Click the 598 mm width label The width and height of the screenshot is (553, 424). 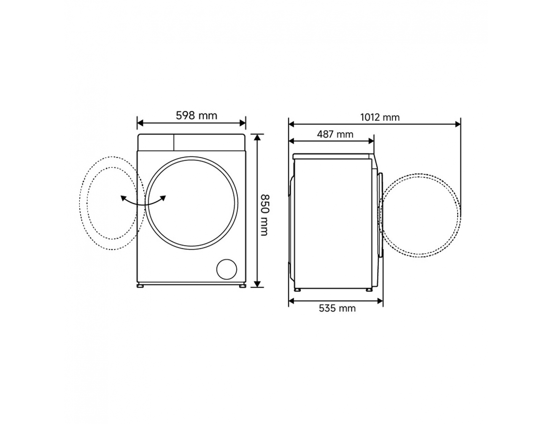196,116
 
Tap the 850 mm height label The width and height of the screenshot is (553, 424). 265,215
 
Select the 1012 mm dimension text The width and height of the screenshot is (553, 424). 380,117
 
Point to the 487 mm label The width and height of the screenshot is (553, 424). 335,134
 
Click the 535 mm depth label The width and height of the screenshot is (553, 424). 337,308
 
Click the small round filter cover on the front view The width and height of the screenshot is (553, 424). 226,269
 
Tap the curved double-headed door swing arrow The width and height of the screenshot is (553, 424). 143,201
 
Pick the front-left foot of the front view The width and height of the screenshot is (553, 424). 140,286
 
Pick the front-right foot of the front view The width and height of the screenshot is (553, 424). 243,286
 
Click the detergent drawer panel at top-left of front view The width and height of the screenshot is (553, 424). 156,142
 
